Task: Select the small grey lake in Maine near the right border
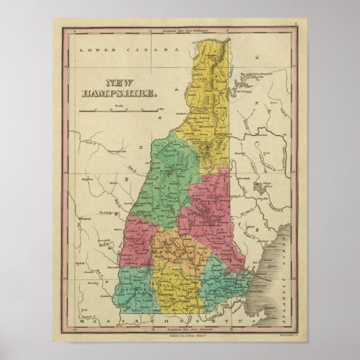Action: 256,185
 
